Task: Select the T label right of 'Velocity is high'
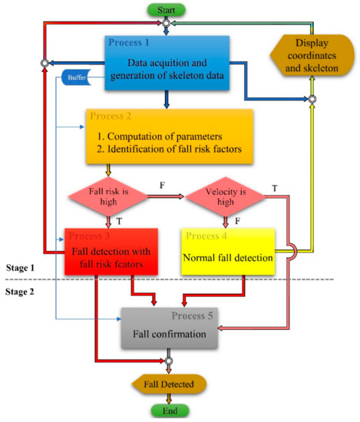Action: pyautogui.click(x=275, y=186)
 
